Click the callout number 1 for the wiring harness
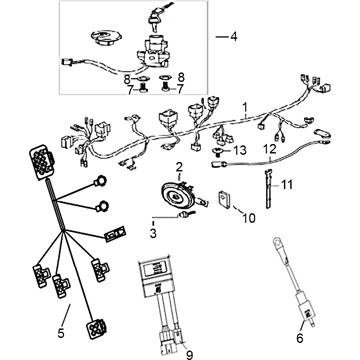(x=245, y=107)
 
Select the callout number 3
(x=153, y=233)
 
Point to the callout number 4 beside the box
(x=234, y=36)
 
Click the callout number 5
(x=61, y=333)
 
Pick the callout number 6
(x=300, y=337)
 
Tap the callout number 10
(x=249, y=218)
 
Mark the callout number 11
(x=288, y=184)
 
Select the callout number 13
(x=240, y=150)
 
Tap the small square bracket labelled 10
(x=225, y=198)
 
